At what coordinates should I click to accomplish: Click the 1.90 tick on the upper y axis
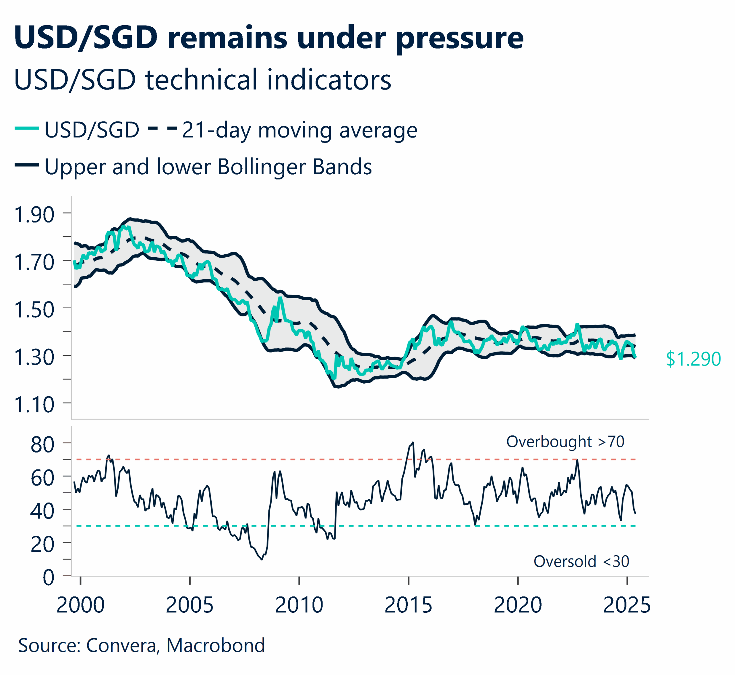tap(34, 214)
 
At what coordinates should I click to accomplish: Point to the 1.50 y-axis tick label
tap(34, 310)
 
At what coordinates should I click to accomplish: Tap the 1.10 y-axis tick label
tap(34, 405)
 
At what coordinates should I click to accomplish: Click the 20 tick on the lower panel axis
tap(42, 544)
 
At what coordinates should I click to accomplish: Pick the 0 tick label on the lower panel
tap(48, 578)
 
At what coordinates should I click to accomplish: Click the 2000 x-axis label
tap(80, 605)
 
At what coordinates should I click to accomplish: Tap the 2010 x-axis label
tap(299, 605)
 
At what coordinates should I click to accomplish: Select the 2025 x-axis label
tap(626, 605)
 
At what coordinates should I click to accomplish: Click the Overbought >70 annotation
tap(565, 442)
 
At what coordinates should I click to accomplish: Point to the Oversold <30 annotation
tap(581, 561)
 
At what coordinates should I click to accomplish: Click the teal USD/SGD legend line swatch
tap(27, 128)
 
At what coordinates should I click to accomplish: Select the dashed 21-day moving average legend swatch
tap(162, 128)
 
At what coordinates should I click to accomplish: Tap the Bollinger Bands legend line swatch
tap(27, 165)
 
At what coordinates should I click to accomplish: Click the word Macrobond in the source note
tap(216, 645)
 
